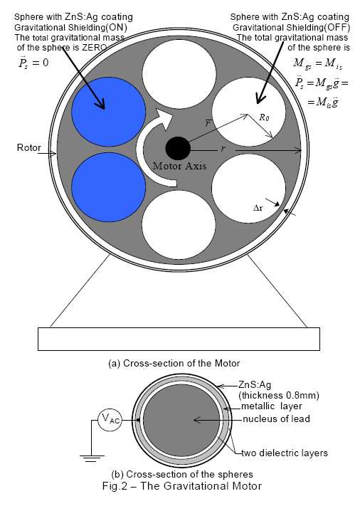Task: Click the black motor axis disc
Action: point(178,149)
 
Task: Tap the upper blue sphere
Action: point(109,112)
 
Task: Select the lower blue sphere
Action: point(109,187)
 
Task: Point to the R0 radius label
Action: point(264,117)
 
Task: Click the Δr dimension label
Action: point(258,208)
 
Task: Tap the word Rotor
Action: point(29,148)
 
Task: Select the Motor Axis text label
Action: point(180,166)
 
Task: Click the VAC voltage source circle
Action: point(110,420)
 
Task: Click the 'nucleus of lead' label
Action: point(277,419)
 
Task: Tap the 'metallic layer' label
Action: point(272,406)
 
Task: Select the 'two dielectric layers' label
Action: point(285,453)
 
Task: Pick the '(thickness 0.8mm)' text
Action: point(279,395)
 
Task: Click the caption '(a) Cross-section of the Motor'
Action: point(174,363)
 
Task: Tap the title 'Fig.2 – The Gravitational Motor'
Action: point(182,486)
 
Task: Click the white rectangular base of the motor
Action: point(179,339)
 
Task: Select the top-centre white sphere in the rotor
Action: point(179,74)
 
